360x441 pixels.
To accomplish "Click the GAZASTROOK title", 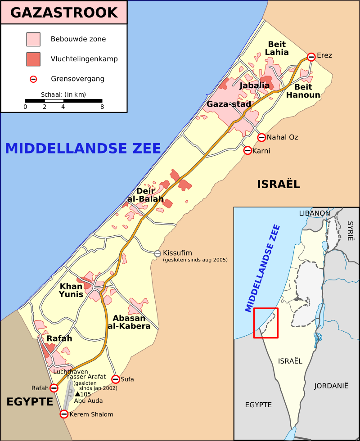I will coord(64,12).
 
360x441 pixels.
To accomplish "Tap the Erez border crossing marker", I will coord(311,56).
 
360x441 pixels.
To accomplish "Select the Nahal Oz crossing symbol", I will coord(261,137).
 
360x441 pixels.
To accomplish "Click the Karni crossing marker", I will coord(247,151).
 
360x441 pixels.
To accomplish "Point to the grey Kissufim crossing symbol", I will coord(157,254).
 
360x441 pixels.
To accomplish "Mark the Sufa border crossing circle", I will coord(116,379).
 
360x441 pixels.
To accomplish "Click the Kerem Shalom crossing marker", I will coord(64,414).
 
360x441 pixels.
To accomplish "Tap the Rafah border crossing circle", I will coord(54,388).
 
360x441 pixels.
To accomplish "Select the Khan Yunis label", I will coord(71,290).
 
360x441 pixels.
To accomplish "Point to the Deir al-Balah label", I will coord(143,195).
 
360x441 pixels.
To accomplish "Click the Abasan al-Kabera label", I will coord(129,322).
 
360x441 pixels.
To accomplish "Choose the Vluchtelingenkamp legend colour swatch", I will coord(33,59).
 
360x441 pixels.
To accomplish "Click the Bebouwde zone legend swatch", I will coord(33,39).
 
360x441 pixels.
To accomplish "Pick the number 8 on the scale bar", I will coord(102,107).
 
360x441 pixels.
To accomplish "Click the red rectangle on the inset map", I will coord(265,323).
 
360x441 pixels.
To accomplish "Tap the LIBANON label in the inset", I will coord(314,213).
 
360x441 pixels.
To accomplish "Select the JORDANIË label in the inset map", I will coord(331,386).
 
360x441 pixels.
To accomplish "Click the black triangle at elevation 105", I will coord(77,394).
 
